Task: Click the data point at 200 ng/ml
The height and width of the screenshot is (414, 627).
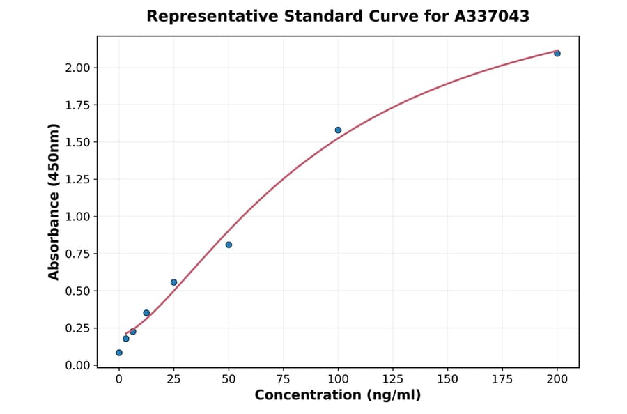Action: [557, 54]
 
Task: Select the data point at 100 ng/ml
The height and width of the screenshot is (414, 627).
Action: [338, 130]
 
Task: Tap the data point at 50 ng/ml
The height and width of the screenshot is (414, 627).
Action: [229, 245]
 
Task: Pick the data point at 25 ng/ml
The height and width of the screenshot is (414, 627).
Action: [173, 282]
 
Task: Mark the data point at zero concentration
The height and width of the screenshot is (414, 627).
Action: [119, 353]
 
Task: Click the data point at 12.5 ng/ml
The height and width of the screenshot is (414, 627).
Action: [146, 313]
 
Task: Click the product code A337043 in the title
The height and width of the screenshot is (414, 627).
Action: [493, 16]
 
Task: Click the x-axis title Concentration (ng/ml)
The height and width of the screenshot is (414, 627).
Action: [337, 395]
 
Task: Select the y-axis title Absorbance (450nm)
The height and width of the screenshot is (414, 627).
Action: [54, 201]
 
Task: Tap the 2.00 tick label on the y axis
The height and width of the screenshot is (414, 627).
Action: [77, 68]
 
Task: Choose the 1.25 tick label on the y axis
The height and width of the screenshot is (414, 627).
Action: [77, 180]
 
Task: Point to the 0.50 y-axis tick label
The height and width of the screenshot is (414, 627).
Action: [77, 291]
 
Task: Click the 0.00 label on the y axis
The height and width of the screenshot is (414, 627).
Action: [77, 365]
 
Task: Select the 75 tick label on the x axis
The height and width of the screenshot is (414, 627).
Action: [283, 379]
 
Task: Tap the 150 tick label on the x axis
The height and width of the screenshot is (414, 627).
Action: [447, 379]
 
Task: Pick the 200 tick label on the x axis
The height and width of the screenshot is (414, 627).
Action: [557, 379]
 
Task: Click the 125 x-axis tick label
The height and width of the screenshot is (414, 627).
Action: [393, 379]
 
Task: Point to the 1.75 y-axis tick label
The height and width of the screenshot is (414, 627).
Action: [77, 105]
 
